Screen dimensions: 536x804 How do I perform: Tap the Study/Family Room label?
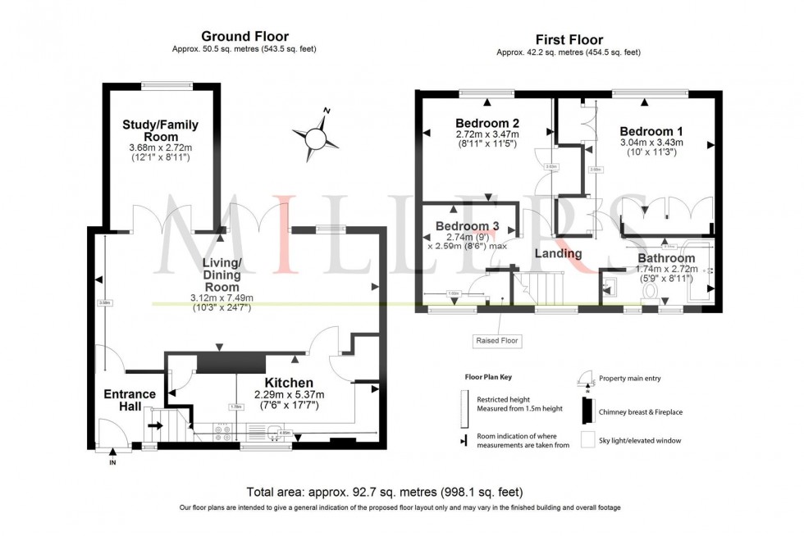tap(160, 130)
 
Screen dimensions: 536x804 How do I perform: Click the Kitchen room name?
tap(288, 383)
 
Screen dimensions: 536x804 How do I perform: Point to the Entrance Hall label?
tap(130, 400)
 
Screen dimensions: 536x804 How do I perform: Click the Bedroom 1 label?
tap(651, 131)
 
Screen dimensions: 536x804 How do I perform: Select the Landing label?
tap(559, 253)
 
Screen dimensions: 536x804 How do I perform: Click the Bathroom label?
tap(666, 258)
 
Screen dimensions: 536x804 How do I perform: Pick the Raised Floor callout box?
tap(498, 339)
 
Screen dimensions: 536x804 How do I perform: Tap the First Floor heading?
tap(569, 39)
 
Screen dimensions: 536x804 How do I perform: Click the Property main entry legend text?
tap(629, 378)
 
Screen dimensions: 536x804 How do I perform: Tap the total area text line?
tap(384, 492)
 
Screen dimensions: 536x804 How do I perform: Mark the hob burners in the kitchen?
tap(222, 433)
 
